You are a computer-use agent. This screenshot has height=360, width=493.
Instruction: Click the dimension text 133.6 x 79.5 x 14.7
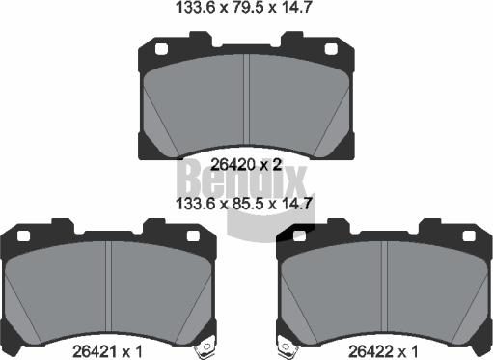coord(244,7)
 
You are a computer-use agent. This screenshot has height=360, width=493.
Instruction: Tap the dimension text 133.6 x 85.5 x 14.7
coord(244,204)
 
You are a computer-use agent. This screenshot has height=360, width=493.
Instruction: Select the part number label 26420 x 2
coord(246,165)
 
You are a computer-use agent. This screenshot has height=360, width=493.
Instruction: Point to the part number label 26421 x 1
coord(107,351)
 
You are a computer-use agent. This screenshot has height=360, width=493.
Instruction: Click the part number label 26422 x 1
coord(383,351)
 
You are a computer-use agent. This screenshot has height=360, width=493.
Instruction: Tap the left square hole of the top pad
coord(161,49)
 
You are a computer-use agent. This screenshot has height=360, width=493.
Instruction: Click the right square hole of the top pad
coord(331,49)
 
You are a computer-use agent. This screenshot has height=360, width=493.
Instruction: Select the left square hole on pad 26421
coord(23,236)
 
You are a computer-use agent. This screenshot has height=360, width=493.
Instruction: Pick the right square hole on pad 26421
coord(193,236)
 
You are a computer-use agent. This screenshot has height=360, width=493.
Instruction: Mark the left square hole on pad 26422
coord(299,236)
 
